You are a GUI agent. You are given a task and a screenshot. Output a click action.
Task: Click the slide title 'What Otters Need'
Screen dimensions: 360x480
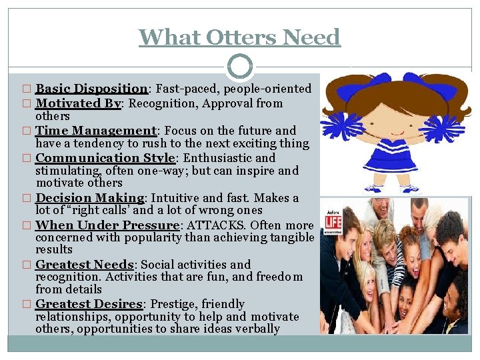[239, 37]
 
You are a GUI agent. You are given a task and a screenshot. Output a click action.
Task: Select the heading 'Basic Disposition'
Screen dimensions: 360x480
[91, 89]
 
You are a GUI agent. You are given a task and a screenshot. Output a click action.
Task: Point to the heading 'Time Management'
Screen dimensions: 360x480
[95, 131]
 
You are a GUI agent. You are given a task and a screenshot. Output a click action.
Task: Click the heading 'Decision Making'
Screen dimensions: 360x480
[90, 198]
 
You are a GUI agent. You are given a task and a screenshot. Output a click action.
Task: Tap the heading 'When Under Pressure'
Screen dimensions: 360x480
[107, 225]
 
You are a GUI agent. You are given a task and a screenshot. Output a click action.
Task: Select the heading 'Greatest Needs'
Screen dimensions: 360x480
[86, 265]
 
